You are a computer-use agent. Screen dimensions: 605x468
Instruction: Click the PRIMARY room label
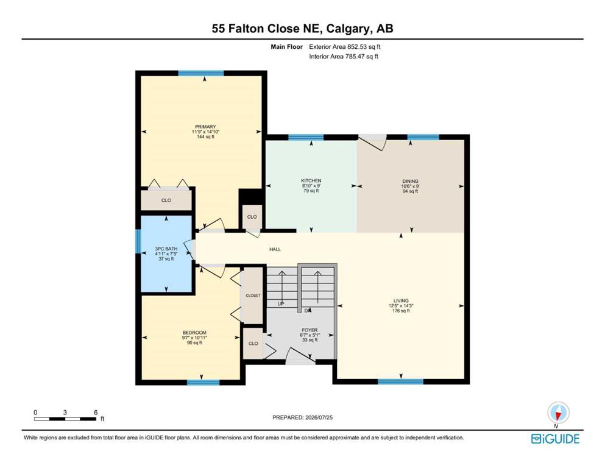pos(205,127)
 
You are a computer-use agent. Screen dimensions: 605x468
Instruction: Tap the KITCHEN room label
pos(311,180)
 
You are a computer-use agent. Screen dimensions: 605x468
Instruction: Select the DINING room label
pos(410,181)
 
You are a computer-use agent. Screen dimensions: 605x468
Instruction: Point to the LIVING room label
pos(401,300)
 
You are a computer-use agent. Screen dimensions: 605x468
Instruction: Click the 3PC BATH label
pos(166,249)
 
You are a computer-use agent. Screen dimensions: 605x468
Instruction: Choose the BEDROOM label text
pos(194,333)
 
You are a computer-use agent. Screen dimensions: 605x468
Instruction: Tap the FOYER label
pos(310,330)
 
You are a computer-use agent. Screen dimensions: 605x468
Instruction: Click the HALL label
pos(275,249)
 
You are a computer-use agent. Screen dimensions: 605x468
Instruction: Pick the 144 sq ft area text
pos(205,136)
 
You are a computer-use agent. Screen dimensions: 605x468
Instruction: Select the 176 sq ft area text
pos(401,311)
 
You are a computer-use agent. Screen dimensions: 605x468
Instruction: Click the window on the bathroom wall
pos(138,241)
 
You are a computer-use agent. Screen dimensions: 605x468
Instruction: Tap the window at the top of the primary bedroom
pos(200,73)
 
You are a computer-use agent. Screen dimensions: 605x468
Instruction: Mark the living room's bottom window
pos(400,381)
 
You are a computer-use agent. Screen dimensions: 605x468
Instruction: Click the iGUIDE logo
pos(555,439)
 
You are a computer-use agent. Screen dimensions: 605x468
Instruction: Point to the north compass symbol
pos(558,413)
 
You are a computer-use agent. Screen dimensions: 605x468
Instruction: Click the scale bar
pos(65,419)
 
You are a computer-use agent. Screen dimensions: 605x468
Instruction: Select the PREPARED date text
pos(302,417)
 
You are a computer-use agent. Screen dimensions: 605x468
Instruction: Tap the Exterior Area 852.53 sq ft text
pos(345,47)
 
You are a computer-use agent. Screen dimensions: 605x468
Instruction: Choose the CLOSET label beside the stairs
pos(253,296)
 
